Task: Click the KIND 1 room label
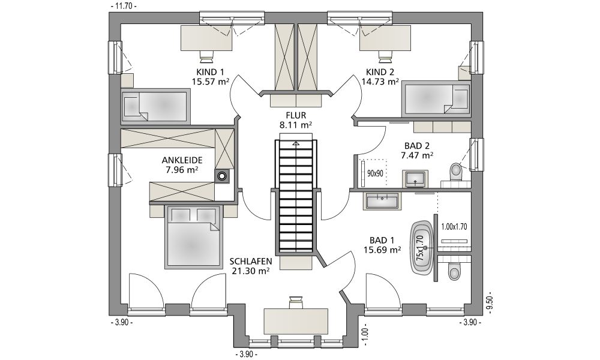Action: point(209,72)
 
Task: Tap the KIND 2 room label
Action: point(380,72)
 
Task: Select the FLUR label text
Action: point(296,115)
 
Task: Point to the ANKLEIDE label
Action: point(182,160)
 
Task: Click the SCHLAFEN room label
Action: point(251,261)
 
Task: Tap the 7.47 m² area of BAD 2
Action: point(417,155)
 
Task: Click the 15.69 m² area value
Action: point(381,250)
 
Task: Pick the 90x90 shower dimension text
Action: point(375,173)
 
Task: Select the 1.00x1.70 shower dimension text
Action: point(454,226)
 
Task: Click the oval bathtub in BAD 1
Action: point(422,247)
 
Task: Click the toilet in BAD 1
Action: point(454,272)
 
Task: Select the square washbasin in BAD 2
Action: point(415,179)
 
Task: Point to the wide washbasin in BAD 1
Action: point(382,200)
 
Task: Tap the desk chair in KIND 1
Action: point(207,56)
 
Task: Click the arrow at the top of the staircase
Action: point(296,143)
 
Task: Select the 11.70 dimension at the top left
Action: point(123,6)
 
